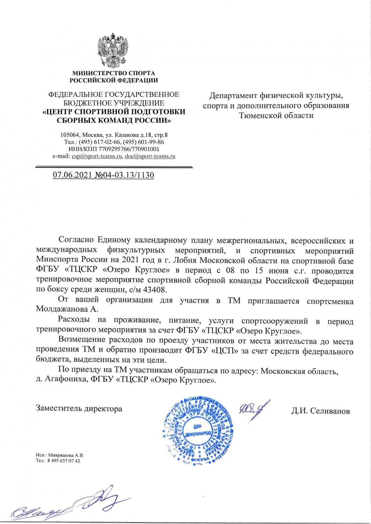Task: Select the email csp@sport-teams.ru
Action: (x=96, y=156)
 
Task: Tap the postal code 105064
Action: (x=70, y=135)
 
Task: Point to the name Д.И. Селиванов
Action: (x=320, y=411)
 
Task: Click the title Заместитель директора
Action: (x=79, y=409)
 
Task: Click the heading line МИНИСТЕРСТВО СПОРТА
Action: (x=113, y=73)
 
